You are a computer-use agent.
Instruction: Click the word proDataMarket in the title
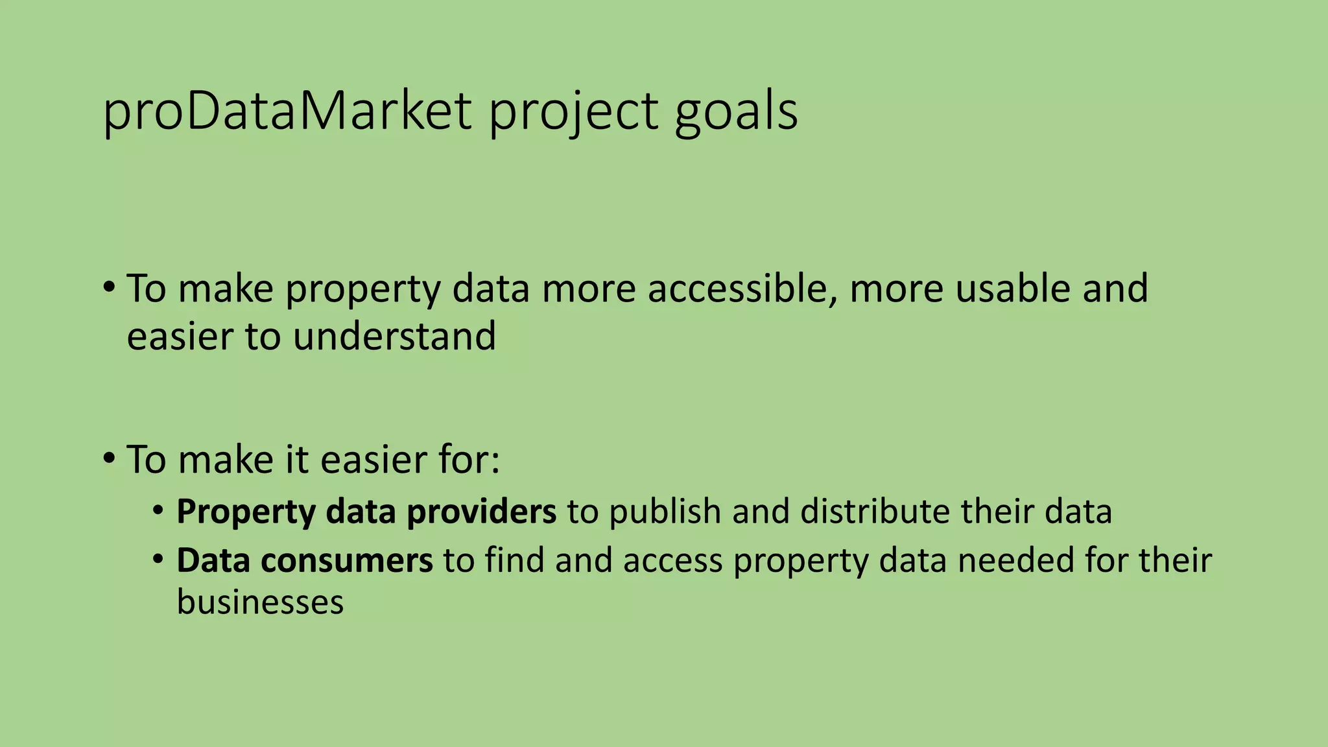287,112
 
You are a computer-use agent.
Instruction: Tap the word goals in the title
736,113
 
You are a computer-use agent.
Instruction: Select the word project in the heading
573,113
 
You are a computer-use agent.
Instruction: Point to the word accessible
739,289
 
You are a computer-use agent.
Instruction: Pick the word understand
394,337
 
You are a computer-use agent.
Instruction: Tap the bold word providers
481,512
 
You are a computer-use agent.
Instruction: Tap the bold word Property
246,513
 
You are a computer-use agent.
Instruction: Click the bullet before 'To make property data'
109,287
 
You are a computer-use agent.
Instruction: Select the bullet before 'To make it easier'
109,458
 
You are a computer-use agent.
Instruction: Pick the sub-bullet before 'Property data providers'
159,510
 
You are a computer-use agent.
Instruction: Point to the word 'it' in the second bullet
297,460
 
